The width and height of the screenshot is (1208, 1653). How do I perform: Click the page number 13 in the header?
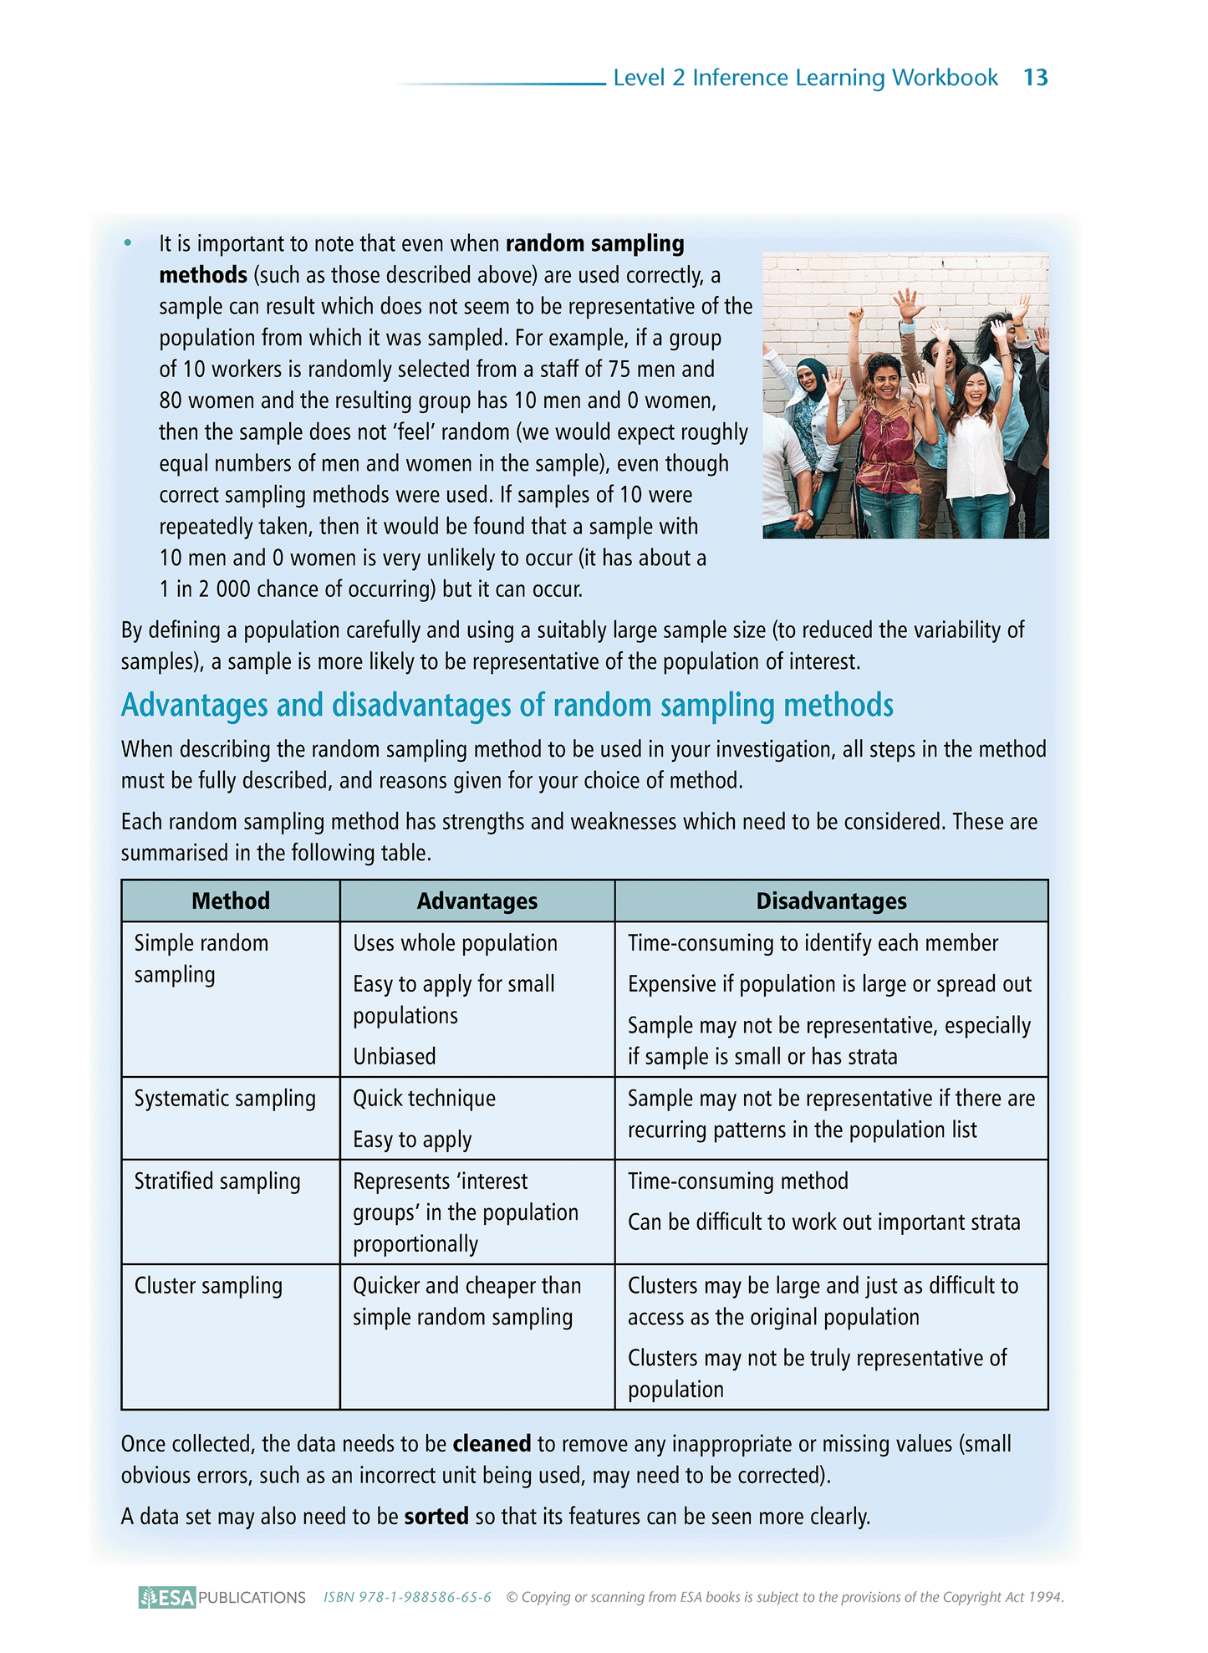point(1035,78)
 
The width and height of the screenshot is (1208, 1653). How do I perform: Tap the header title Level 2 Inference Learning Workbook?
point(805,78)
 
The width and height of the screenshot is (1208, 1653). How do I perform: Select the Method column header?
point(231,900)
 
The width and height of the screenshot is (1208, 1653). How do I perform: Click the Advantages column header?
point(477,900)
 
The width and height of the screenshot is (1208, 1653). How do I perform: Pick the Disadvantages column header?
point(831,900)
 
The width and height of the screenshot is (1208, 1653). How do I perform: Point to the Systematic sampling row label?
point(225,1098)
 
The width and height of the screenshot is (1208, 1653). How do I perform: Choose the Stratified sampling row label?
point(217,1181)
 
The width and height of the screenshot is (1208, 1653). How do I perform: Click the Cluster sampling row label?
point(208,1285)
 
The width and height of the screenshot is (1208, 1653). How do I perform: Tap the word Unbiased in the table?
point(395,1056)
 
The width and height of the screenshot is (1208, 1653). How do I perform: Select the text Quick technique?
point(424,1098)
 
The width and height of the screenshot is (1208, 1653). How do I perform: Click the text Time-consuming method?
point(737,1181)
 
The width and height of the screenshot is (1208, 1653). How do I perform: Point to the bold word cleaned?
point(492,1443)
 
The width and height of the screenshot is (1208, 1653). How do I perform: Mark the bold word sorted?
point(436,1516)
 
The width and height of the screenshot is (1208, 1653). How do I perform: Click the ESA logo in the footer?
point(168,1597)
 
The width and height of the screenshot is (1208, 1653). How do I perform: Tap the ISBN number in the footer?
point(407,1597)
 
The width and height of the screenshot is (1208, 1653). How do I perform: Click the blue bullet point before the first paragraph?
point(128,243)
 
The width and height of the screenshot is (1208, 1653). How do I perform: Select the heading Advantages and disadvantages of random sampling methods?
point(507,705)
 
